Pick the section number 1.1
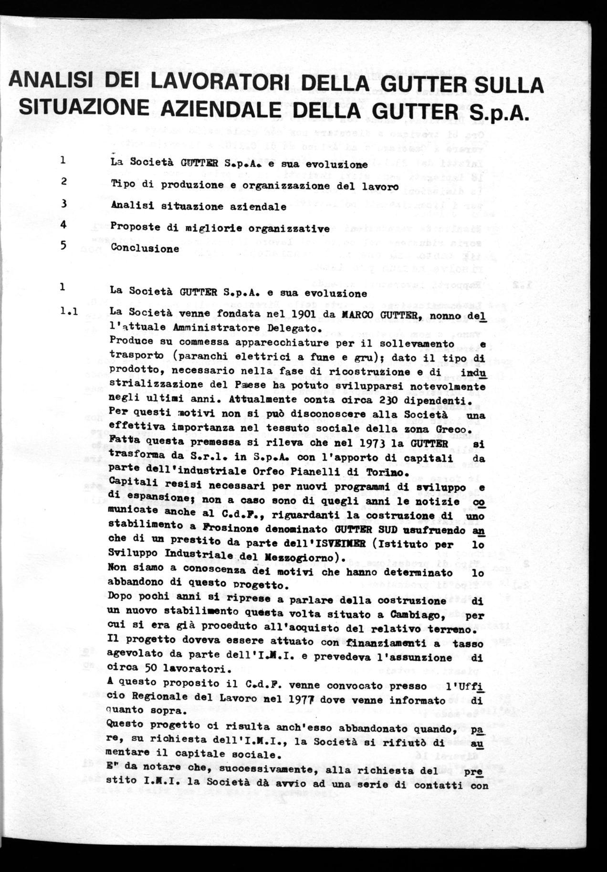[69, 312]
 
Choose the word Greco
[457, 428]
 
